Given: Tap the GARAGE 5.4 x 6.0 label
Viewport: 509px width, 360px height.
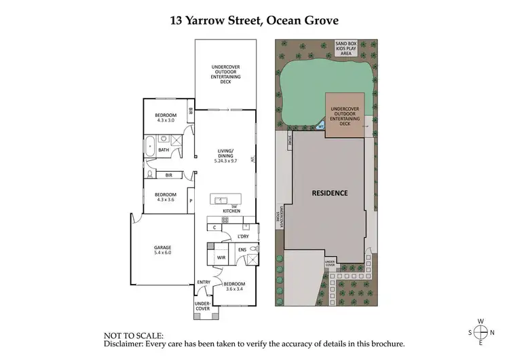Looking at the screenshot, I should (162, 250).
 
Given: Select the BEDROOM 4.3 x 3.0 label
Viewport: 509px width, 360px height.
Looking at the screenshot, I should (166, 118).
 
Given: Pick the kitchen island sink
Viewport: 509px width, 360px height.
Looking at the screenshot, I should (221, 199).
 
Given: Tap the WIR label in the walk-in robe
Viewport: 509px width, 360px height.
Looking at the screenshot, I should (221, 258).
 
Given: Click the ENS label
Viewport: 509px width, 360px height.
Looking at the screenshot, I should (242, 250).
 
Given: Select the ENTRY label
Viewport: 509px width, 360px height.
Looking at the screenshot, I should (204, 283).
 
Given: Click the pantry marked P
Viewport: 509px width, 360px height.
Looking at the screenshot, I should (191, 201).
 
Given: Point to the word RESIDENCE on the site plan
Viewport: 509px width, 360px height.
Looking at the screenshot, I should (330, 193).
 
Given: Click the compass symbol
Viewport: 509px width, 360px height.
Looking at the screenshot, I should (480, 332).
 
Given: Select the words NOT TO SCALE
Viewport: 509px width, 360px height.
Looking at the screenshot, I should (133, 336).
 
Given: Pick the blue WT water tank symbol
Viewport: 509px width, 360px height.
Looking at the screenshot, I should (321, 126).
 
